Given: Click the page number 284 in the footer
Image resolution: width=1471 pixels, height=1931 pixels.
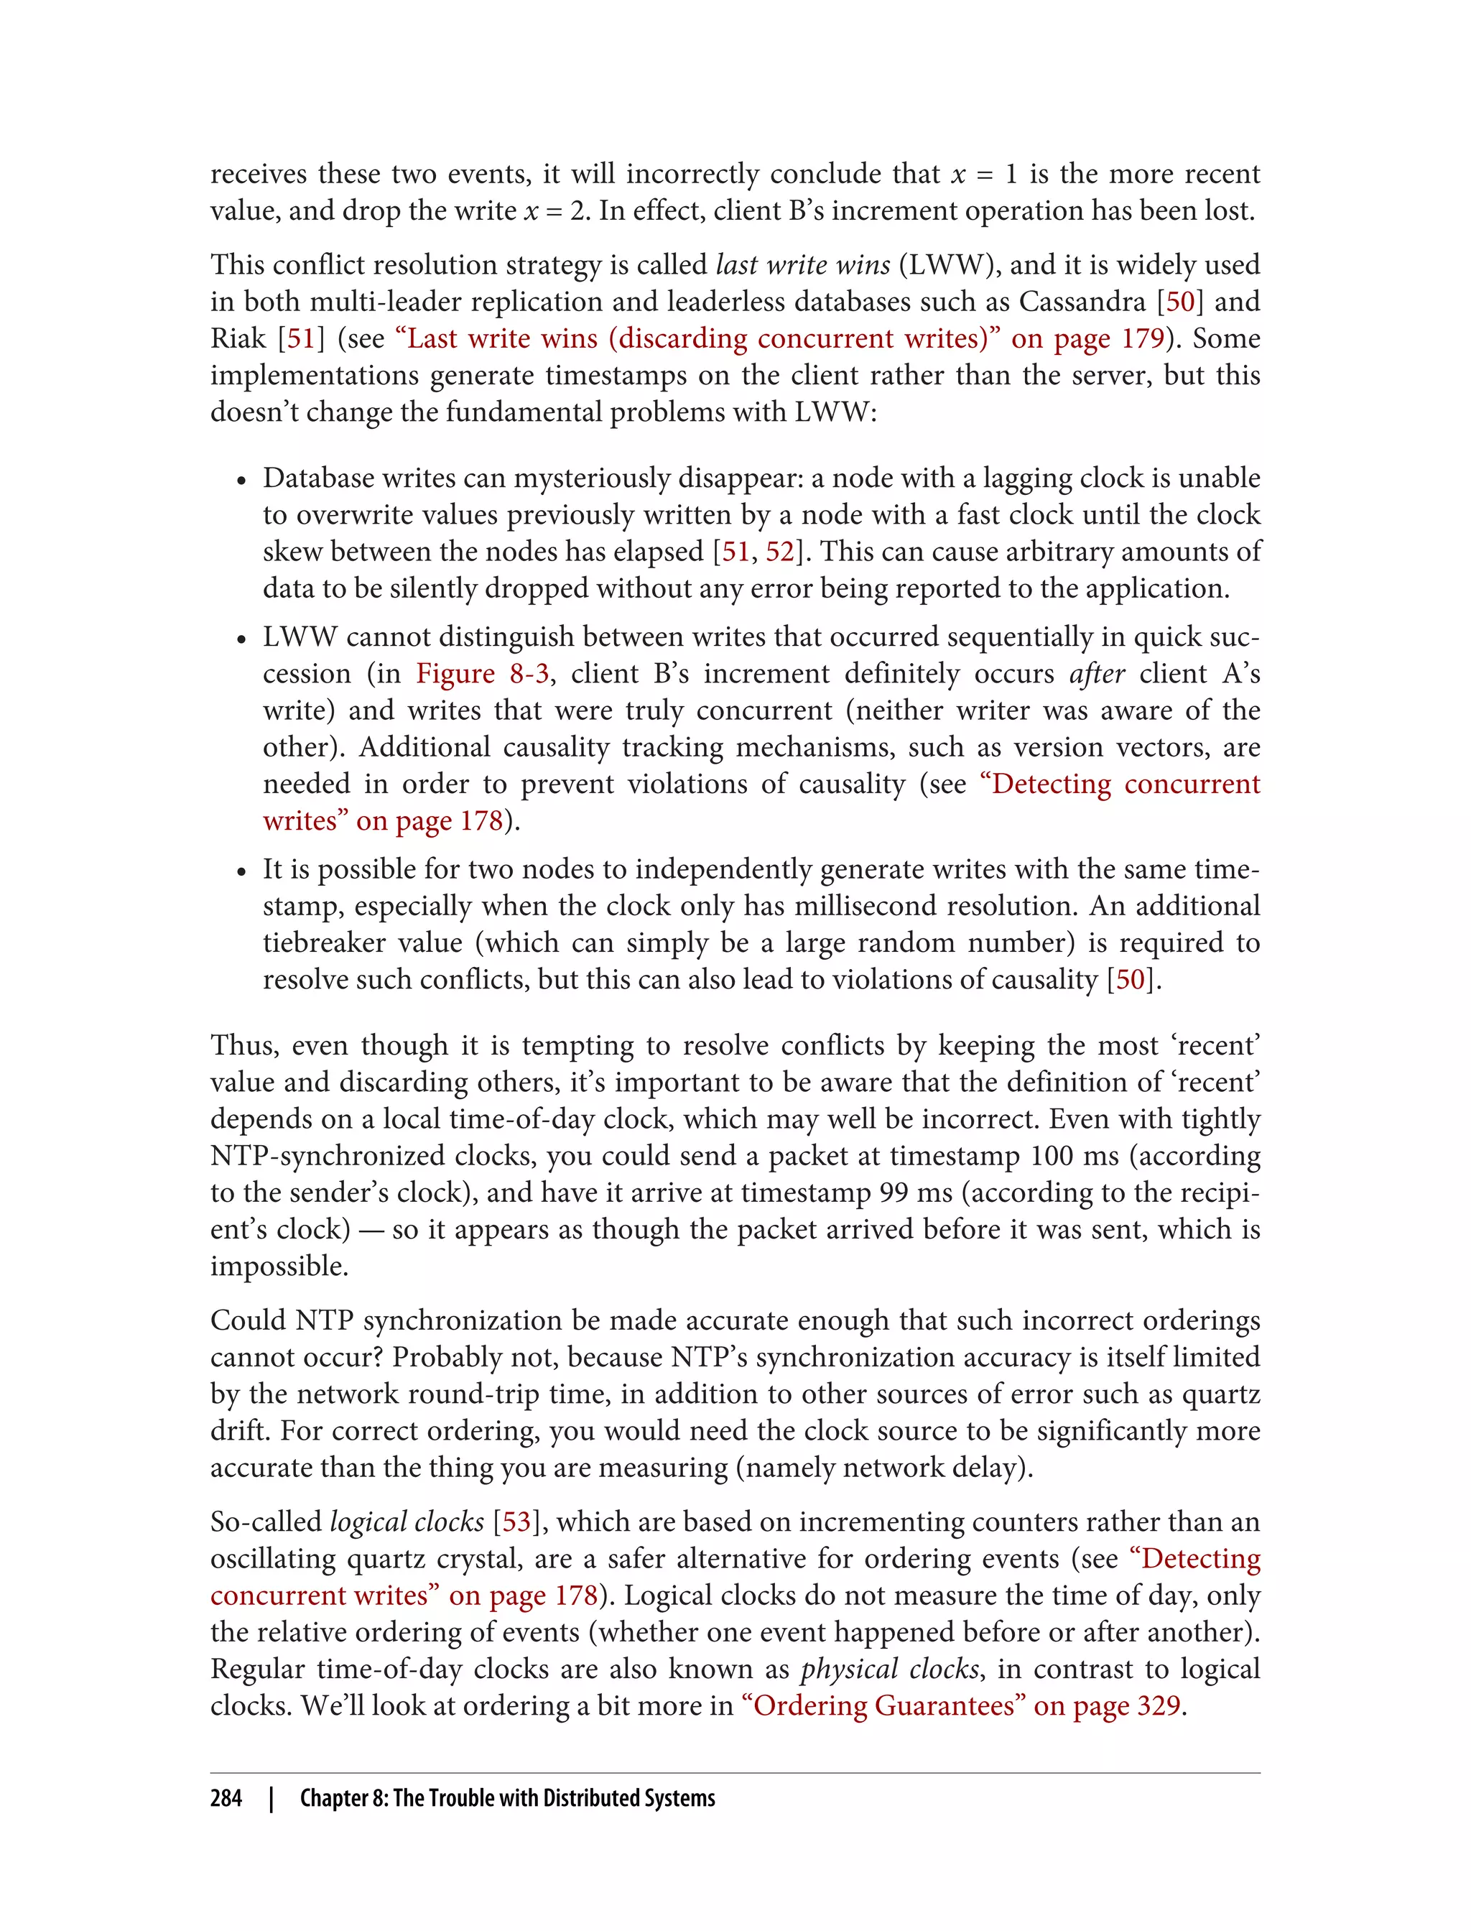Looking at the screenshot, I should [x=226, y=1798].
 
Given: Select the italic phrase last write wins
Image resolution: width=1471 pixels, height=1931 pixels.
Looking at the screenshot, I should [x=803, y=264].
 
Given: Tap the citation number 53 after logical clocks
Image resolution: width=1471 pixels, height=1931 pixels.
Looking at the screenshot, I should [x=516, y=1521].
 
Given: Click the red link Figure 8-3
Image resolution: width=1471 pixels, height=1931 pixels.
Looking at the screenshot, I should [x=483, y=673].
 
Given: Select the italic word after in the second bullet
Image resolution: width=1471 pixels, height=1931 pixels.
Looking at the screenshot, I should [x=1096, y=673].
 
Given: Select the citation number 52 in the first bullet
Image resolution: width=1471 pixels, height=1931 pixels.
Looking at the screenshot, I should [x=779, y=552].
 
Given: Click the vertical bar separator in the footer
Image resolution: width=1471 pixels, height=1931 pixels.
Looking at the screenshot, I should [x=272, y=1798].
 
